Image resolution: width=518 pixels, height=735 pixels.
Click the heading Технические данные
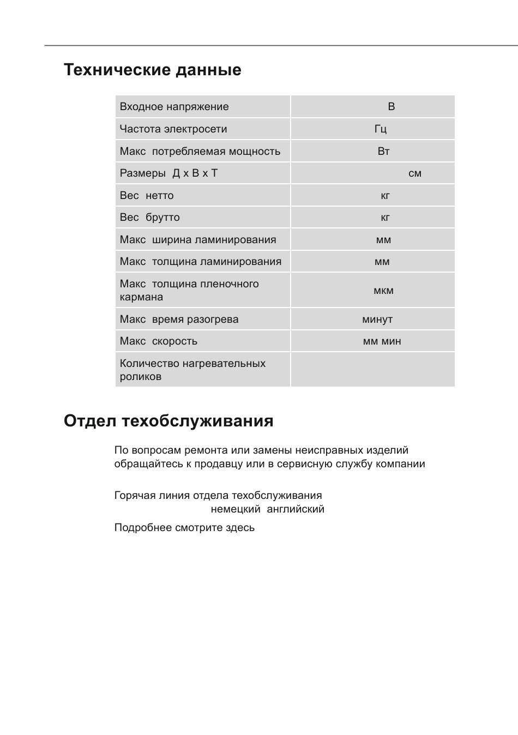point(152,70)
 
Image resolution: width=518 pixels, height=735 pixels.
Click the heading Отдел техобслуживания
point(168,421)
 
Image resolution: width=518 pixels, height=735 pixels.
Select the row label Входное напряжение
point(174,107)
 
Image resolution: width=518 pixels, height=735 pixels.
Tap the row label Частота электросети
point(173,129)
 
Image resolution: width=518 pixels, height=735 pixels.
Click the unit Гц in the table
point(381,129)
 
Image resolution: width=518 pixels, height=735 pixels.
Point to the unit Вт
point(383,151)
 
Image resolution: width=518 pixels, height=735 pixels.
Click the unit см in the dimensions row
point(415,173)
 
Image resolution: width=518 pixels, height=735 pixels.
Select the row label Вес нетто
point(147,195)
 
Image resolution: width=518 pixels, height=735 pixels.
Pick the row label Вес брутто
point(149,217)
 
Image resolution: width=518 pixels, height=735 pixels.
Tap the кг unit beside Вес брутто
point(385,218)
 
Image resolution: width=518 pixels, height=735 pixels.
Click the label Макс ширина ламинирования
point(198,239)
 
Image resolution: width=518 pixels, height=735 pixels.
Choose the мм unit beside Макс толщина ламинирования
point(382,262)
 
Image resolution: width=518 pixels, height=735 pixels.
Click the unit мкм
point(383,291)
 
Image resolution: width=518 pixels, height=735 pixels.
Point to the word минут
point(377,320)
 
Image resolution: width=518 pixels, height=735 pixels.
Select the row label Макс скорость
point(159,341)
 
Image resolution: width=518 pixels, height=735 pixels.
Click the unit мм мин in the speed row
point(382,341)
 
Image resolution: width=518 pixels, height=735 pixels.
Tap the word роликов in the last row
point(141,377)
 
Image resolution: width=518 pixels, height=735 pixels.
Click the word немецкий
point(236,509)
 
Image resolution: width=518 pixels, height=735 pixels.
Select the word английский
point(296,509)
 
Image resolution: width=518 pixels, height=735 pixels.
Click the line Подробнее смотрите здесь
point(184,528)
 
